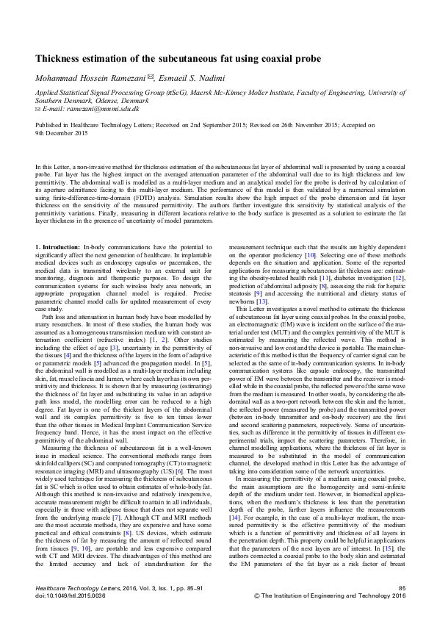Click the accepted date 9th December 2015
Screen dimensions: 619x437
pos(62,133)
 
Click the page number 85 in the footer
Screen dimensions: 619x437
pos(401,589)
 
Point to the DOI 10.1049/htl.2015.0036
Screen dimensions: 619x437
pos(70,596)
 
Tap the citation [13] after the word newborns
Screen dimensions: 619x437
pos(261,323)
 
